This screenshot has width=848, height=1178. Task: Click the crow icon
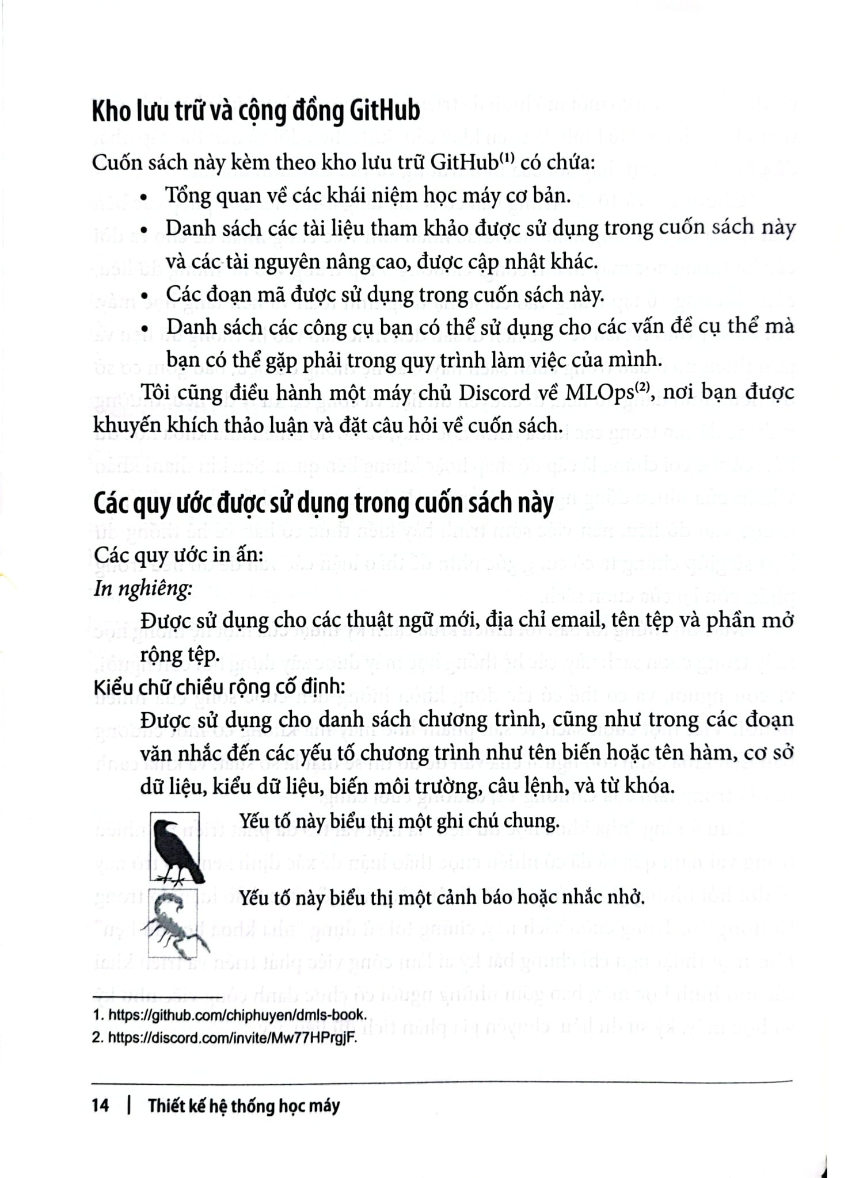coord(175,846)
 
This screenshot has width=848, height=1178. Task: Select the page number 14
coord(100,1105)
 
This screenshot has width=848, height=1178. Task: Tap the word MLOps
coord(596,392)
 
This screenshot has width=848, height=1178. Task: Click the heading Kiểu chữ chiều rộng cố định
coord(219,686)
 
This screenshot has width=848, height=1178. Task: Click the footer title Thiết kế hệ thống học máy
coord(244,1105)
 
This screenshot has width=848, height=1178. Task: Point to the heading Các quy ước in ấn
coord(178,555)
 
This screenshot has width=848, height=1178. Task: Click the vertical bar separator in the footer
coord(128,1105)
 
